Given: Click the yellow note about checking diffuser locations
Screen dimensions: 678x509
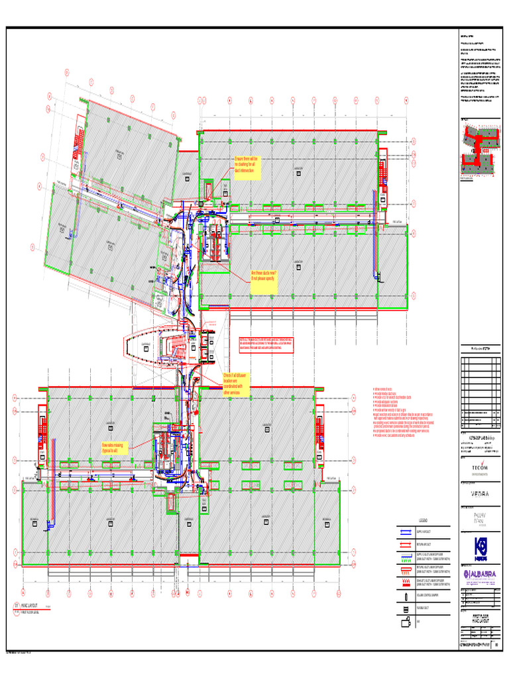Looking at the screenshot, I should click(x=236, y=384).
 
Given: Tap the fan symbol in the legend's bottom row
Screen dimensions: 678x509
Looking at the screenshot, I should click(x=404, y=622).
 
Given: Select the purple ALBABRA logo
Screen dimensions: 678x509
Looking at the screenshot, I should click(x=480, y=573).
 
